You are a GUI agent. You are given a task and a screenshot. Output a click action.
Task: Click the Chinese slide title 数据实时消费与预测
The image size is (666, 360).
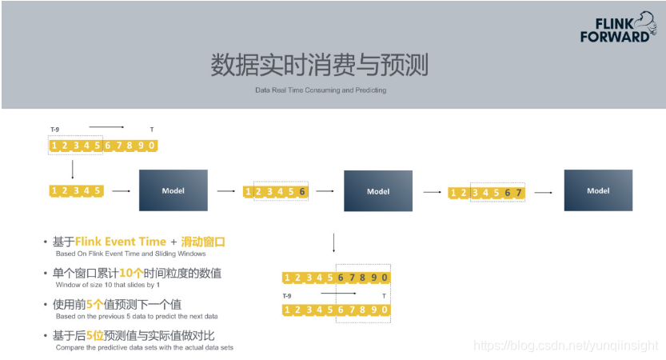click(318, 65)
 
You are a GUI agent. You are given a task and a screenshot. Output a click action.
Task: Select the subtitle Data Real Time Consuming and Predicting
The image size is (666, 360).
click(321, 90)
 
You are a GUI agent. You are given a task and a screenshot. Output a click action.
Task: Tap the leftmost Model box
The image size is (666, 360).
click(173, 191)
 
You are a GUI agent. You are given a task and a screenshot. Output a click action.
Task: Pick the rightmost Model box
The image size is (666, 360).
click(597, 191)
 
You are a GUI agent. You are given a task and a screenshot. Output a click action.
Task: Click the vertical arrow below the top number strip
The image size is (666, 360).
click(73, 168)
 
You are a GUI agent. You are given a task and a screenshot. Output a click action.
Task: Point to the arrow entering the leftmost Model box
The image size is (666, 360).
click(122, 191)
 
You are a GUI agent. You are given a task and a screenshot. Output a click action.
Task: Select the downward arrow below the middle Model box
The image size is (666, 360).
click(333, 242)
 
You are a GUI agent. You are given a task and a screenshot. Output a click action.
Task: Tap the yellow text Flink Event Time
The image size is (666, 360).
click(121, 241)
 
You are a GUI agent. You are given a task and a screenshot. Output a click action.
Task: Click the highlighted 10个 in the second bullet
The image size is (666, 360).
click(110, 273)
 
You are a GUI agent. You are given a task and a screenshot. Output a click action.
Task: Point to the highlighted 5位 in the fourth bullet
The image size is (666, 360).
click(94, 336)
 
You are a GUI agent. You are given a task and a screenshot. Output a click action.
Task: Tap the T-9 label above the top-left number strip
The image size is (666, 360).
click(54, 130)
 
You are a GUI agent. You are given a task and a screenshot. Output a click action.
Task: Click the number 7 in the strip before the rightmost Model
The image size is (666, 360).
click(519, 193)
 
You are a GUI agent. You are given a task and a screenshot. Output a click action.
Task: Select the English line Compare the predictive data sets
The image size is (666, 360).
click(144, 347)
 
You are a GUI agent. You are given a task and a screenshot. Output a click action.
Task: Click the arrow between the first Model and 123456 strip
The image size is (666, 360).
click(227, 191)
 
